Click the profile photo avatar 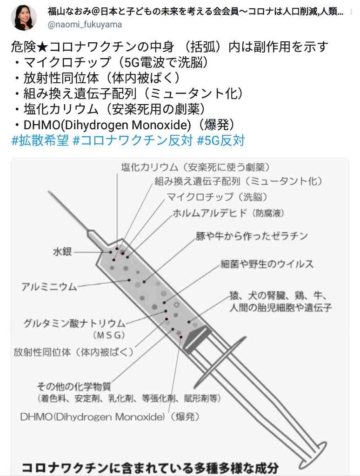[24, 17]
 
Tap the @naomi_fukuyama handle [85, 25]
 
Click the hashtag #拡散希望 [40, 140]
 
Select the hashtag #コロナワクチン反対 [133, 140]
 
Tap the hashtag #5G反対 [221, 140]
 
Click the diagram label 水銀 [62, 251]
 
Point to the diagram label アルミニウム [49, 286]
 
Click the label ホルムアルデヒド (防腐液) [228, 213]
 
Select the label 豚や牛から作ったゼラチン [252, 236]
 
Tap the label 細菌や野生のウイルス [267, 264]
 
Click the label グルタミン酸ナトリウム [74, 323]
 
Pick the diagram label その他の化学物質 [74, 386]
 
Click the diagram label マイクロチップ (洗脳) [217, 197]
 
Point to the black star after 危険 [42, 47]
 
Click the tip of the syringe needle [49, 193]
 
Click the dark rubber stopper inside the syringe [196, 337]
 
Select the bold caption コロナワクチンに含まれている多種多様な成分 [150, 468]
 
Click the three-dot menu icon [352, 12]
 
